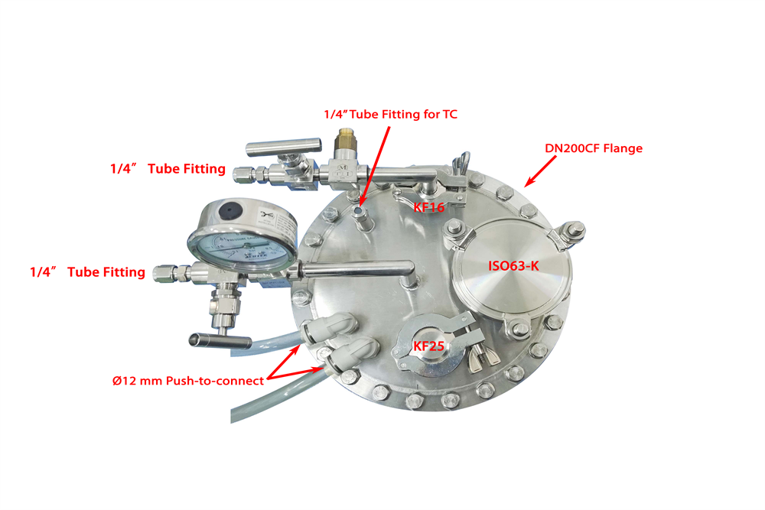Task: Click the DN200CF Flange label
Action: coord(593,148)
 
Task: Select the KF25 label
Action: coord(429,345)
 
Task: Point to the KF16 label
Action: coord(429,206)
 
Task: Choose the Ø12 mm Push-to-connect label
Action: coord(187,381)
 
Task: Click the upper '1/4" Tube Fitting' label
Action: coord(167,168)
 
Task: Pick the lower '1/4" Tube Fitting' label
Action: coord(87,271)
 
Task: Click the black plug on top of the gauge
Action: coord(230,210)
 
